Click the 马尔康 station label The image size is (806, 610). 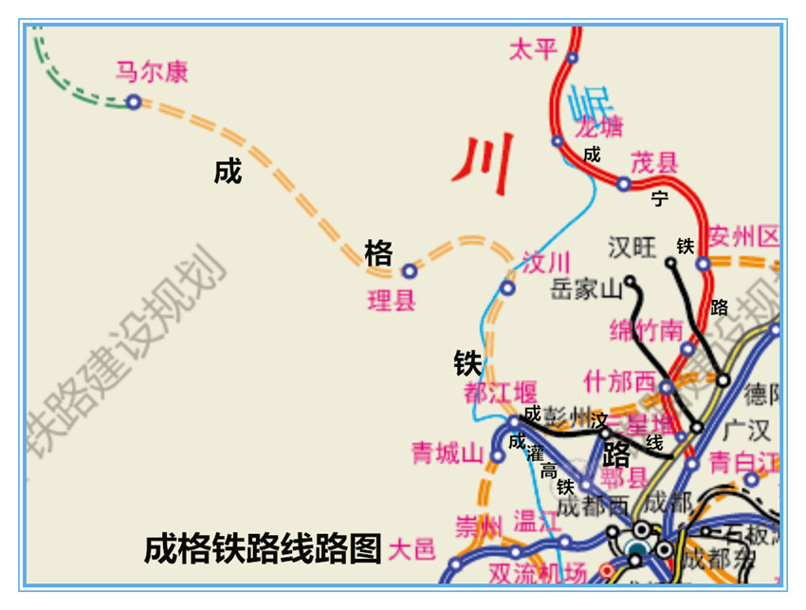[152, 72]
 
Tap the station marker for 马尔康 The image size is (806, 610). [134, 102]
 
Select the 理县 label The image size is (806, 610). [391, 302]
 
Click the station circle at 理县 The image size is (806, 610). [409, 270]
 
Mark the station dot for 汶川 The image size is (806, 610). [508, 287]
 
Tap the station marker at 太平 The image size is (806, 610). [573, 58]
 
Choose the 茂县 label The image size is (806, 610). [654, 161]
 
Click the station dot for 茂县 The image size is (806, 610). [623, 184]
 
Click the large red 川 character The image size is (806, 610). [484, 157]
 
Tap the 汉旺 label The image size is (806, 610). [632, 248]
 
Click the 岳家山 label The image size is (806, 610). [585, 288]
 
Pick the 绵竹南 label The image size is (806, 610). [646, 330]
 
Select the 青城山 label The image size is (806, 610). [448, 453]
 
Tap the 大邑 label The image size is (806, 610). [412, 548]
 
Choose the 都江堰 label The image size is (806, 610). [500, 391]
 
